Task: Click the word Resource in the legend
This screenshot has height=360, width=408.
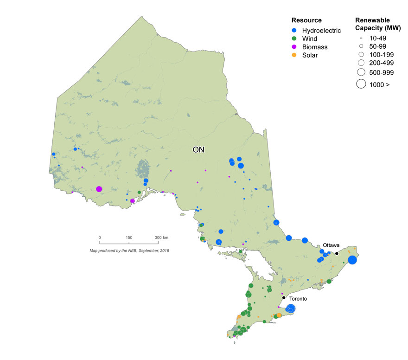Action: [306, 20]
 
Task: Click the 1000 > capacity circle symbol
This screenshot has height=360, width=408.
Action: [360, 84]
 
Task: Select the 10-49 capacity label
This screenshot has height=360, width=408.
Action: [376, 38]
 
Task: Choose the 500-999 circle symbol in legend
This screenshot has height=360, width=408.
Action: [360, 72]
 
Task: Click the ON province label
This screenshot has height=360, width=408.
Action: [198, 150]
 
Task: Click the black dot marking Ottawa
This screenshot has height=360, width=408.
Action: [337, 253]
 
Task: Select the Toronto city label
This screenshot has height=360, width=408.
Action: [299, 299]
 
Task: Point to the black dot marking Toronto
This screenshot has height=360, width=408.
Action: [284, 297]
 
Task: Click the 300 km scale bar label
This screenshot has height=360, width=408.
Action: [162, 238]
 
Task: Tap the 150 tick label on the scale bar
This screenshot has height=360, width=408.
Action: [129, 238]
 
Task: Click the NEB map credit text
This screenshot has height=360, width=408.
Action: [129, 251]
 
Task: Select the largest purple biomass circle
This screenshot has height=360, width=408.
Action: [99, 189]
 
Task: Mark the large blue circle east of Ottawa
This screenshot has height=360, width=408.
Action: [352, 260]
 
